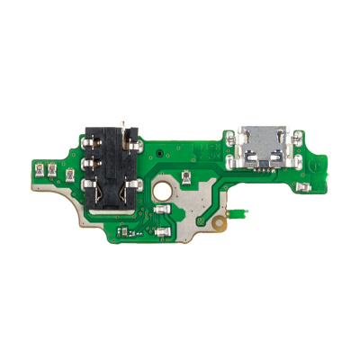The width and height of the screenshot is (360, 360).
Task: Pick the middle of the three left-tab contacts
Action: pos(53,169)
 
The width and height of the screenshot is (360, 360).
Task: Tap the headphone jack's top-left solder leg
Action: pos(90,142)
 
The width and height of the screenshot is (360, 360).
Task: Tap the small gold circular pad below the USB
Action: pos(220,220)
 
